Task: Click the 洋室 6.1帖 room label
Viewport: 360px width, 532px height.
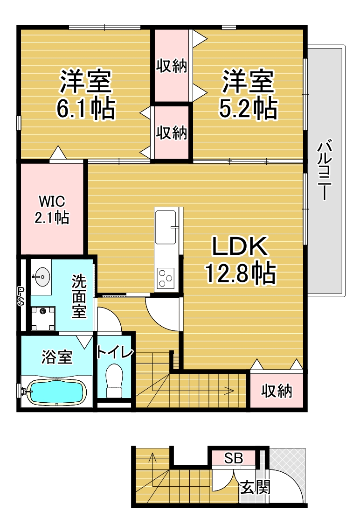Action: click(86, 94)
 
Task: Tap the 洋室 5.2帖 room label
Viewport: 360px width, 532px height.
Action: click(248, 94)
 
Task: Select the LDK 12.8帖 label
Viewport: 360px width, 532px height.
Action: click(240, 260)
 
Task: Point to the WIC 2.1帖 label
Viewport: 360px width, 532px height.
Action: click(52, 210)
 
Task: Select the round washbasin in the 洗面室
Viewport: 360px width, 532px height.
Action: click(42, 277)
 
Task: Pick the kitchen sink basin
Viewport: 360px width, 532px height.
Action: click(166, 227)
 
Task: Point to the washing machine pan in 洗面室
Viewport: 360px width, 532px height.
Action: click(43, 318)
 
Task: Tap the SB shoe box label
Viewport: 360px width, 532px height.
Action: click(234, 458)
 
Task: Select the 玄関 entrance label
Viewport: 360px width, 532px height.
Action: click(256, 488)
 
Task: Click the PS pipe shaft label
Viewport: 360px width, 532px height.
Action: click(21, 296)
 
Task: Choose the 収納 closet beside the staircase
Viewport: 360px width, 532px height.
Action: click(277, 391)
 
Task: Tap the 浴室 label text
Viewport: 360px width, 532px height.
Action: click(56, 357)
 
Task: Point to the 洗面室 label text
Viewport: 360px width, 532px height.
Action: click(79, 296)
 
